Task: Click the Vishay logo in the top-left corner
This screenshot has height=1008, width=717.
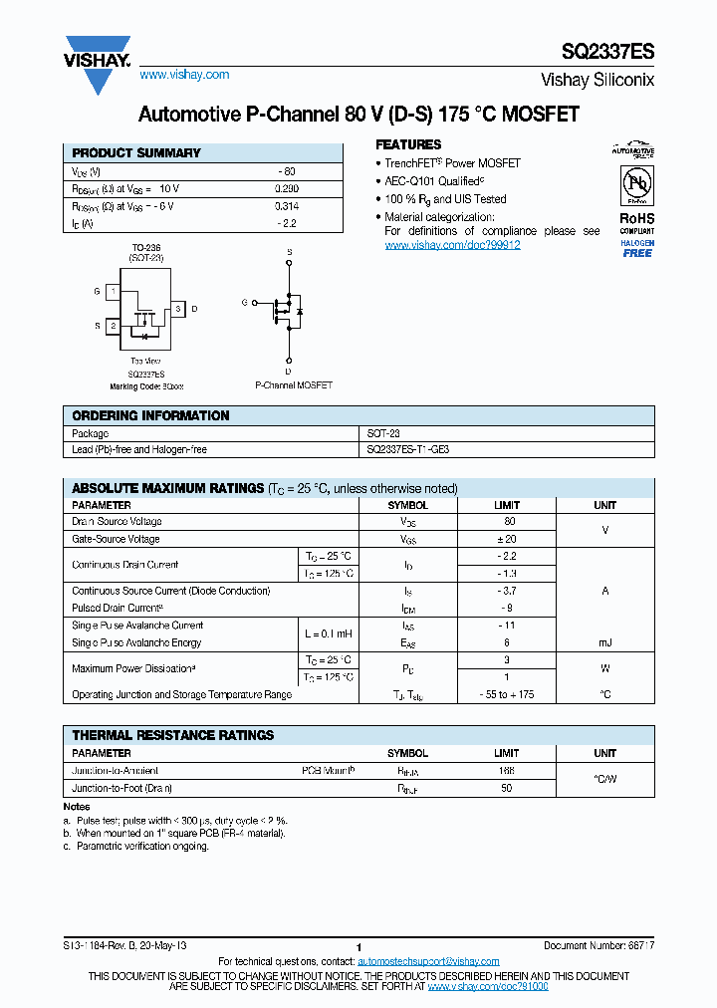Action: coord(98,63)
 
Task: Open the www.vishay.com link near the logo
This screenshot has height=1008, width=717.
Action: coord(184,75)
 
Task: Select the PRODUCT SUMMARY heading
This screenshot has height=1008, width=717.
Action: coord(136,153)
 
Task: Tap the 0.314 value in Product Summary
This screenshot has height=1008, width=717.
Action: coord(286,206)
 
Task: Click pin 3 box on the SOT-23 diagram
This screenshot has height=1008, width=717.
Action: coord(177,309)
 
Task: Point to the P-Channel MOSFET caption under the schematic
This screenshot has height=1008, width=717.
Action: coord(294,384)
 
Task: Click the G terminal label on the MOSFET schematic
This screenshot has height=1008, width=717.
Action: coord(244,301)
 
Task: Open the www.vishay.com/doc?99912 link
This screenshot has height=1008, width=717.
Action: coord(452,245)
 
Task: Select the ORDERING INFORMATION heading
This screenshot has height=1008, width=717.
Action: coord(150,415)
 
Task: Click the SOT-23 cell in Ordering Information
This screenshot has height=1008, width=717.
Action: coord(383,433)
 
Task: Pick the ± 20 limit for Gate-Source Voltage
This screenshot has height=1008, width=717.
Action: coord(507,539)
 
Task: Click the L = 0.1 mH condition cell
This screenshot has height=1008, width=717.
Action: coord(328,633)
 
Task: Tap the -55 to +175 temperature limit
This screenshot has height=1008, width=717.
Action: coord(507,694)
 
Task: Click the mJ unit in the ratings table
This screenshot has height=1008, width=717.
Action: coord(604,642)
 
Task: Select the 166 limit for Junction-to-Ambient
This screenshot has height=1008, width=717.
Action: coord(507,771)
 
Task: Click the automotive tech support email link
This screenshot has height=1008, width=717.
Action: coord(427,961)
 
